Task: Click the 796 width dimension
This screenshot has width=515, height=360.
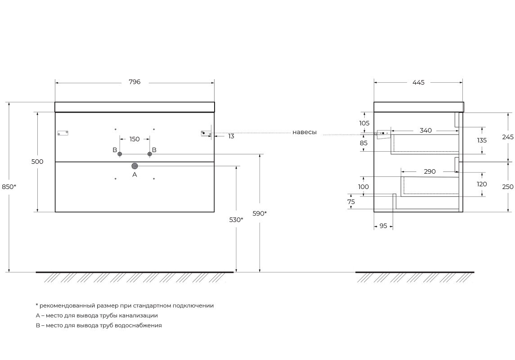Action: click(x=134, y=82)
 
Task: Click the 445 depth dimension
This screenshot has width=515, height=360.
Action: click(x=418, y=82)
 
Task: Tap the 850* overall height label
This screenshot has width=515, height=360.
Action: click(x=9, y=187)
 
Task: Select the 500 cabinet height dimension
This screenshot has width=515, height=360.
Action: click(x=37, y=162)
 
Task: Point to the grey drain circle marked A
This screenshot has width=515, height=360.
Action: click(x=134, y=166)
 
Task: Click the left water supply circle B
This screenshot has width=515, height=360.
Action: click(x=120, y=154)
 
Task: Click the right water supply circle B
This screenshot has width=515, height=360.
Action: click(x=150, y=154)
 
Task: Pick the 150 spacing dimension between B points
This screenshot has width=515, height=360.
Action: click(x=134, y=139)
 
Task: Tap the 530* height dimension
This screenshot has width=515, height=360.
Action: click(x=236, y=220)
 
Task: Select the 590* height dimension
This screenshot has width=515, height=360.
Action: click(x=260, y=213)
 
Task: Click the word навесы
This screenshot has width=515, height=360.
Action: click(x=305, y=132)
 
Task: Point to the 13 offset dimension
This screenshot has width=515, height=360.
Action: click(x=231, y=136)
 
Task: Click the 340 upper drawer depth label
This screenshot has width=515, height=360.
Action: click(x=425, y=130)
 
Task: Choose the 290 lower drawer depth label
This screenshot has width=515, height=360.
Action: click(x=430, y=171)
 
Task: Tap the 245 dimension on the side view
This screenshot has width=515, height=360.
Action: click(x=508, y=137)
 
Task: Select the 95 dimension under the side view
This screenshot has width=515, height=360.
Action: click(x=383, y=226)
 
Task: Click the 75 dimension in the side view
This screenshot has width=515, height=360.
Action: click(x=351, y=202)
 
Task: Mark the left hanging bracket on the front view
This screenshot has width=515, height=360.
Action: click(x=63, y=133)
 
